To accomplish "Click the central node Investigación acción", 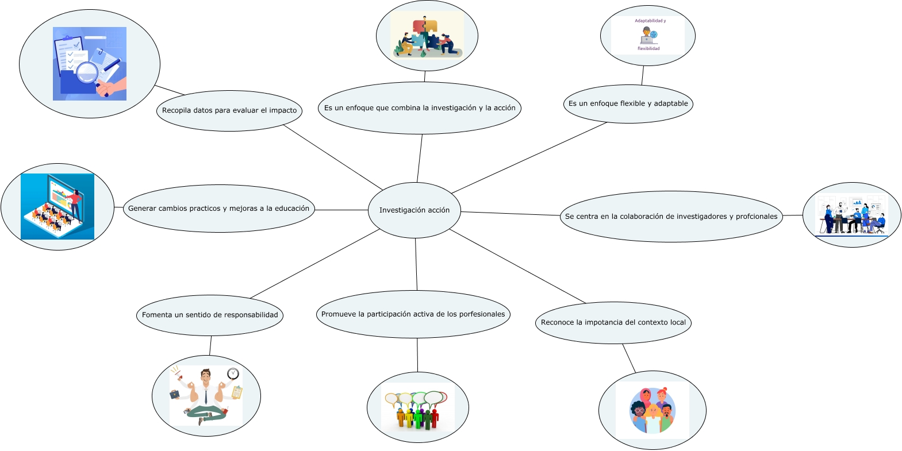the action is pyautogui.click(x=414, y=210).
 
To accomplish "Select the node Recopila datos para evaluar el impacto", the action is pyautogui.click(x=229, y=111).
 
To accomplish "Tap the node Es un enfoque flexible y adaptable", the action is pyautogui.click(x=628, y=104).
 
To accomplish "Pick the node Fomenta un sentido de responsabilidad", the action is pyautogui.click(x=210, y=315).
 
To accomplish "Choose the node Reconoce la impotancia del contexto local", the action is pyautogui.click(x=613, y=323).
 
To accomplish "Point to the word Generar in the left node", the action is pyautogui.click(x=142, y=209).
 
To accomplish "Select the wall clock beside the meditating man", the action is pyautogui.click(x=233, y=373).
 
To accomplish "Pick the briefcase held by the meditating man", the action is pyautogui.click(x=174, y=395).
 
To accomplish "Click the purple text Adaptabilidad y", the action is pyautogui.click(x=650, y=21).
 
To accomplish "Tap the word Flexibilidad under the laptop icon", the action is pyautogui.click(x=648, y=49).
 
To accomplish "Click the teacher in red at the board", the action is pyautogui.click(x=75, y=206).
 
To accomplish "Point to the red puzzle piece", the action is pyautogui.click(x=419, y=26).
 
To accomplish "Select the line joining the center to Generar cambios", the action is pyautogui.click(x=341, y=210).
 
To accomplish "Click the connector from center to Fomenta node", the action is pyautogui.click(x=314, y=264).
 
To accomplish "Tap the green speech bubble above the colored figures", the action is pyautogui.click(x=419, y=398).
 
